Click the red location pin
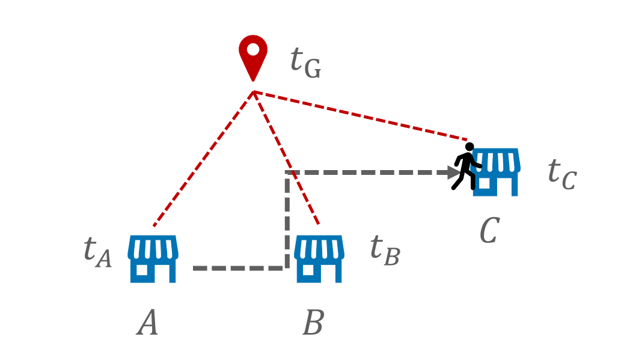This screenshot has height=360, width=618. tap(253, 55)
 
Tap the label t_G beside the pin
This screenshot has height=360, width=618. tap(305, 62)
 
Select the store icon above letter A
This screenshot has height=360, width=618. tap(153, 258)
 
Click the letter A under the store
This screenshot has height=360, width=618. tap(148, 323)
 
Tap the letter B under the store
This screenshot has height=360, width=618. tap(313, 323)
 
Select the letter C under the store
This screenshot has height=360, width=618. tap(489, 230)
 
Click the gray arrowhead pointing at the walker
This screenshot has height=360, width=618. tap(454, 173)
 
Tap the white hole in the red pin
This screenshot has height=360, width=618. tap(253, 48)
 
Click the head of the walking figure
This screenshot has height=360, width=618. tap(470, 147)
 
